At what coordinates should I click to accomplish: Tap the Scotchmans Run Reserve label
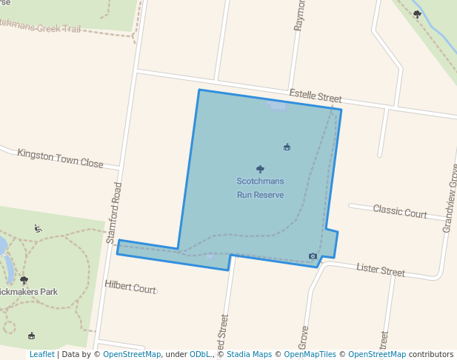pos(260,188)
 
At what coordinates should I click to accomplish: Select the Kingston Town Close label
pos(60,159)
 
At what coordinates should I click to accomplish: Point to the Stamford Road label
pos(113,214)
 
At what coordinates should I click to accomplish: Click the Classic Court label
pos(399,212)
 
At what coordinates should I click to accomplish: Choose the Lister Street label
pos(381,270)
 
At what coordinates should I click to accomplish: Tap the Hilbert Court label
pos(130,287)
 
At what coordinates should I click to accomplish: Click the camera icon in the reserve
pos(313,256)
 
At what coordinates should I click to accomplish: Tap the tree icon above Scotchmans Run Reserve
pos(260,169)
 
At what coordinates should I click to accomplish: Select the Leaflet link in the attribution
pos(41,355)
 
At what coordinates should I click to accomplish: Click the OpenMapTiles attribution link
pos(310,355)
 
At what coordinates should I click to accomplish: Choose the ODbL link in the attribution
pos(201,355)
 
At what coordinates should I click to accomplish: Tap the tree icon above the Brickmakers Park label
pos(24,280)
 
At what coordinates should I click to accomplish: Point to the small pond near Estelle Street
pos(278,106)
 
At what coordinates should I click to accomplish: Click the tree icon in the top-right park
pos(417,14)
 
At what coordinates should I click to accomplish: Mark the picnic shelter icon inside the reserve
pos(287,147)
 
